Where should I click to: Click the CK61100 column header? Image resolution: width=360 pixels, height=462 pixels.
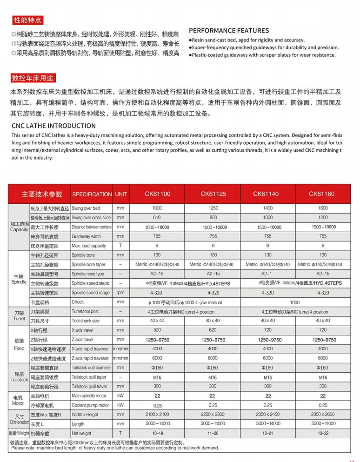point(157,194)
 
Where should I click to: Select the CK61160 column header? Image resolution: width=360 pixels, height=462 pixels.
point(322,194)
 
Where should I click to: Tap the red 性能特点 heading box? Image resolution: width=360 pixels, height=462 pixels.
point(27,20)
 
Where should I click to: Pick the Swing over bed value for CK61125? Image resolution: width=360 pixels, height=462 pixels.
point(213,208)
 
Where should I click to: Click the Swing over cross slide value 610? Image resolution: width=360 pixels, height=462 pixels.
point(157,217)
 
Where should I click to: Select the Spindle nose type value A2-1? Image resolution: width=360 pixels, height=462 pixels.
point(268,274)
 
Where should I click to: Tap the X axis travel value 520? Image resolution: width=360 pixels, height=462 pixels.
point(157,330)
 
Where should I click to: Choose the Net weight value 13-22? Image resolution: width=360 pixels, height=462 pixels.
point(322,433)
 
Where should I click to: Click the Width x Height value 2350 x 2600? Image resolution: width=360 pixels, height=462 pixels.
point(322,414)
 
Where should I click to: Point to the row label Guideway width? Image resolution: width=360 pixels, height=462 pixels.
point(86,236)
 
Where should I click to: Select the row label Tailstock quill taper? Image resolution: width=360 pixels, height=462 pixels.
point(90,377)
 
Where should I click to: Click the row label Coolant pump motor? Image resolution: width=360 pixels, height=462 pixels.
point(90,405)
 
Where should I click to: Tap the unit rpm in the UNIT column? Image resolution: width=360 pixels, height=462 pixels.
point(120,293)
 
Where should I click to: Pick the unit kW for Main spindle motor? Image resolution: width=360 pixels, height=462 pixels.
point(120,396)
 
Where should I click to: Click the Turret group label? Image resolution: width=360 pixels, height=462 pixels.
point(19,315)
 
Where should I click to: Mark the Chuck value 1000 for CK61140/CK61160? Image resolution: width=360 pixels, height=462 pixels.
point(294,302)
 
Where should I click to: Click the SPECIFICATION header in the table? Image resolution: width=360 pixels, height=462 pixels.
point(92,194)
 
